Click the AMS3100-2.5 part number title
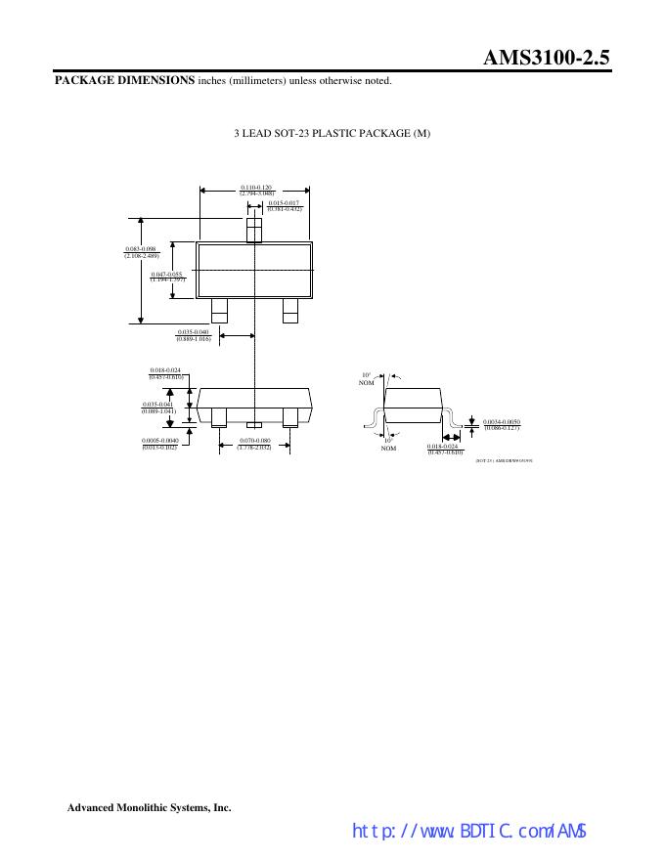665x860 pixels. [x=547, y=58]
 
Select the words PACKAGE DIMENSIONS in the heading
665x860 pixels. [x=123, y=80]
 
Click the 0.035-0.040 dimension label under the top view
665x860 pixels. [x=194, y=335]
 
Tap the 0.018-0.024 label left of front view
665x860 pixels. [x=165, y=373]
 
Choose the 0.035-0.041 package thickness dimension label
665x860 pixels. [x=157, y=408]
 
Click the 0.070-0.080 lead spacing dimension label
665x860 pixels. [x=254, y=444]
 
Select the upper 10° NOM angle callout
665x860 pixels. [x=368, y=378]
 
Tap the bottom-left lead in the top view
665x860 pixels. [x=219, y=310]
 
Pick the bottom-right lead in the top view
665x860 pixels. [x=289, y=310]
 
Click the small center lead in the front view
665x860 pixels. [x=254, y=424]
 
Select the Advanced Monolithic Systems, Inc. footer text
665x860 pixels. [x=149, y=808]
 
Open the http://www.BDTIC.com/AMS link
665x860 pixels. [x=468, y=832]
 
